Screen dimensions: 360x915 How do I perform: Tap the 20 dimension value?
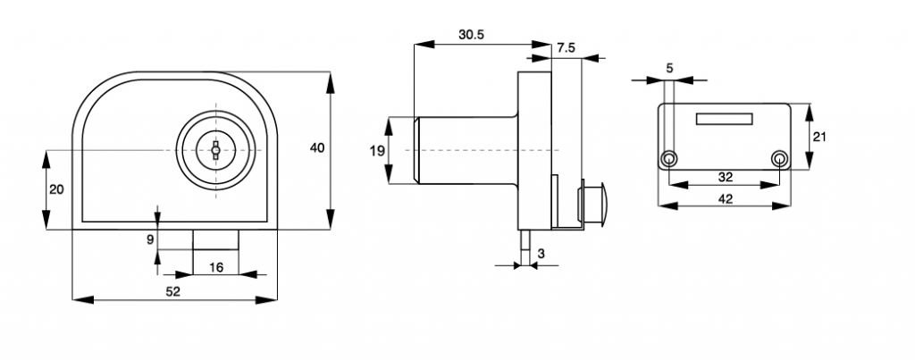click(56, 189)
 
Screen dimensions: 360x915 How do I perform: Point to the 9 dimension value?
click(150, 239)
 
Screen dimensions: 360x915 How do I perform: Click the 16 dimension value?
click(215, 265)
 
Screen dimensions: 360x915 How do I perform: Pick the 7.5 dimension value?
click(565, 47)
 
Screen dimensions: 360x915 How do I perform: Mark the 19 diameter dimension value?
click(377, 150)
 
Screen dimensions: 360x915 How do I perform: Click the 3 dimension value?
click(541, 255)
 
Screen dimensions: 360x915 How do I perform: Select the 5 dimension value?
click(669, 68)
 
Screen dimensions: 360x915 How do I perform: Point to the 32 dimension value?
click(725, 177)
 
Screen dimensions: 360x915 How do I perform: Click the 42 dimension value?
click(725, 198)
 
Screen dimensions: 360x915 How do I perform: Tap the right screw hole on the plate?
click(780, 159)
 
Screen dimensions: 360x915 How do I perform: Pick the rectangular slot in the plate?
click(725, 118)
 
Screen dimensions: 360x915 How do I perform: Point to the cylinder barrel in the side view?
click(465, 150)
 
